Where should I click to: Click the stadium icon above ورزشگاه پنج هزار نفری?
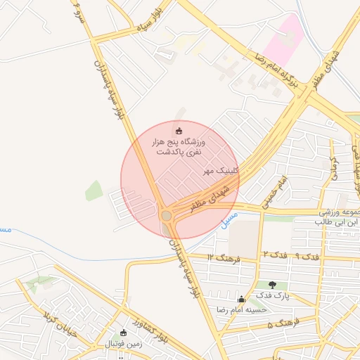click(179, 131)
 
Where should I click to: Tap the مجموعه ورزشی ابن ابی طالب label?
click(335, 217)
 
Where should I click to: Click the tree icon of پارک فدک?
click(272, 285)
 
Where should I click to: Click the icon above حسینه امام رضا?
click(242, 299)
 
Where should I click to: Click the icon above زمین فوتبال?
click(124, 333)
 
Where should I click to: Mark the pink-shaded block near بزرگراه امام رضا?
click(284, 39)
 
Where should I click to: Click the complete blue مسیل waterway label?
click(229, 220)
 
